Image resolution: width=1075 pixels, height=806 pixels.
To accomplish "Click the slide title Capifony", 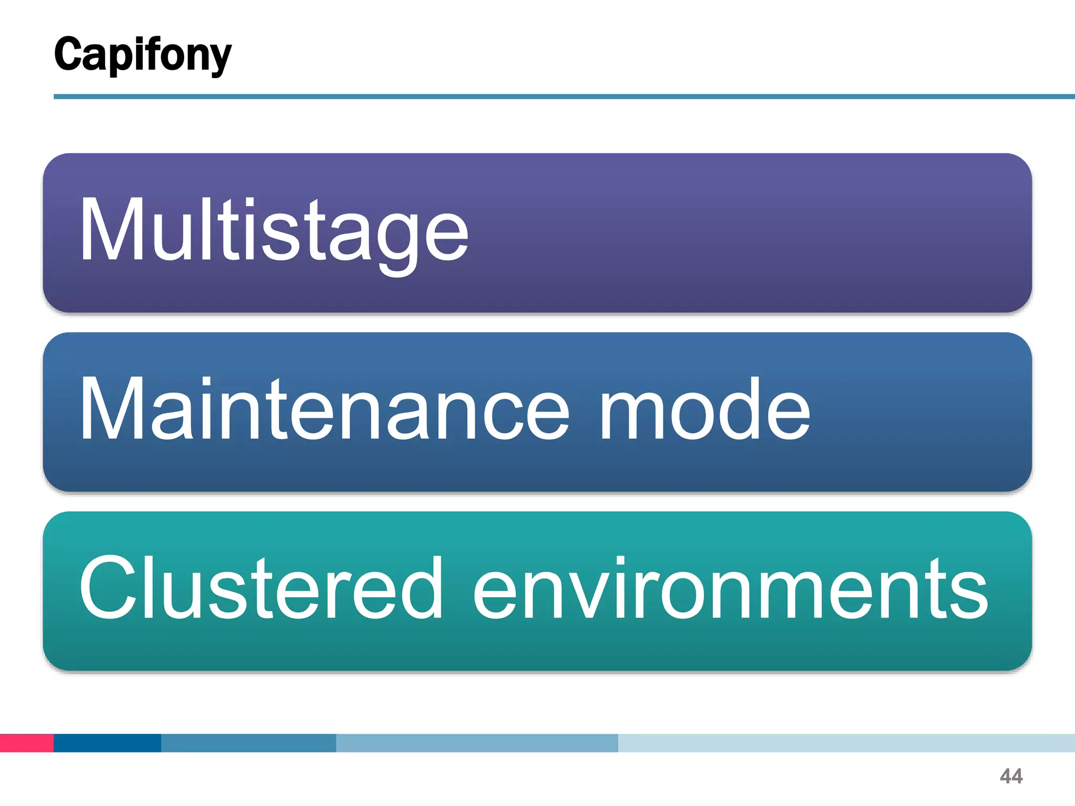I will tap(142, 55).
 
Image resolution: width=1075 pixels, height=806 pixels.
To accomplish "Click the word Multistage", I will tap(273, 231).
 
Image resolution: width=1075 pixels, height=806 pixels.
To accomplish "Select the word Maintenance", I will tap(324, 409).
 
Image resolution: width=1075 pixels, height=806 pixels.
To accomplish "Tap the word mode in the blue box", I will tap(704, 409).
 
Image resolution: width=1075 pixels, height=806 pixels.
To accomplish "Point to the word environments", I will tap(730, 589).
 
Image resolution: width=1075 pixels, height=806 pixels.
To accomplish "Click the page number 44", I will tap(1011, 776).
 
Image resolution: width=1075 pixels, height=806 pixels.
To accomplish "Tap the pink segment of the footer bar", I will tap(26, 743).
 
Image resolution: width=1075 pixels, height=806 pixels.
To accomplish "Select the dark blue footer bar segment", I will tap(107, 743).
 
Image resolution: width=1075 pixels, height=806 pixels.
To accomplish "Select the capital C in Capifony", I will tap(68, 54).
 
